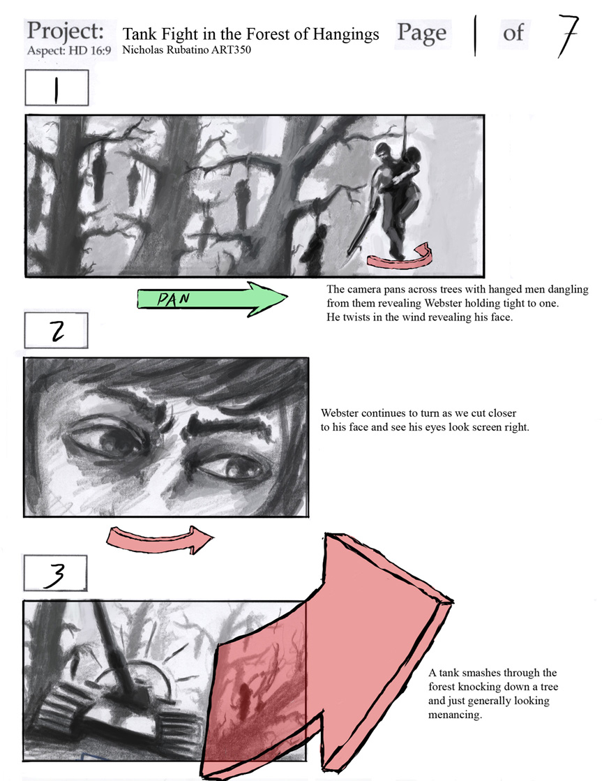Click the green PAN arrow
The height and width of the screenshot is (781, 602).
212,299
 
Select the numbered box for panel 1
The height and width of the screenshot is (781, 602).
57,88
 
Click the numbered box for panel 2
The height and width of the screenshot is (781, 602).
57,330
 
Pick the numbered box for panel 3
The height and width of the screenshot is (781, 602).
55,573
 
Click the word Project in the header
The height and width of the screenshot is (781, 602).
66,31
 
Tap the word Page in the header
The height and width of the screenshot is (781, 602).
422,34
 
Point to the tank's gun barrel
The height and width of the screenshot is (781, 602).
113,644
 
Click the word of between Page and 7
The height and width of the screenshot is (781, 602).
513,34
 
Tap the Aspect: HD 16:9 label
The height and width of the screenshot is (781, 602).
69,50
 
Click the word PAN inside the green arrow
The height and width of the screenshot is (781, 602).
174,299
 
